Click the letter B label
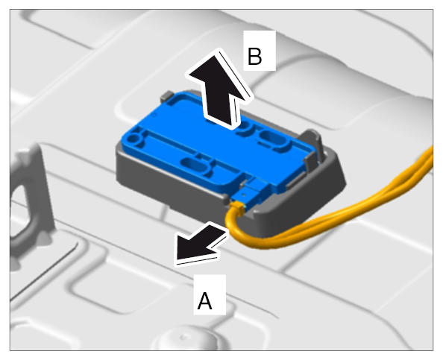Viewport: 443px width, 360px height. (254, 57)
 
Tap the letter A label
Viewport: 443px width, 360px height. (204, 300)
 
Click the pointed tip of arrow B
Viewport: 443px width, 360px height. (216, 53)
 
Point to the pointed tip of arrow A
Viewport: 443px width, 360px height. (177, 258)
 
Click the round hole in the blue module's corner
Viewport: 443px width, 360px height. (133, 139)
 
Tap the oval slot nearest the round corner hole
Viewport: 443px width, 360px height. (194, 165)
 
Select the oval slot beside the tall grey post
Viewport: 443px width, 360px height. (274, 139)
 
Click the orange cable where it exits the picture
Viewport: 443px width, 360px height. (430, 158)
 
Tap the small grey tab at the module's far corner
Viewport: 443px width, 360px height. (167, 96)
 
